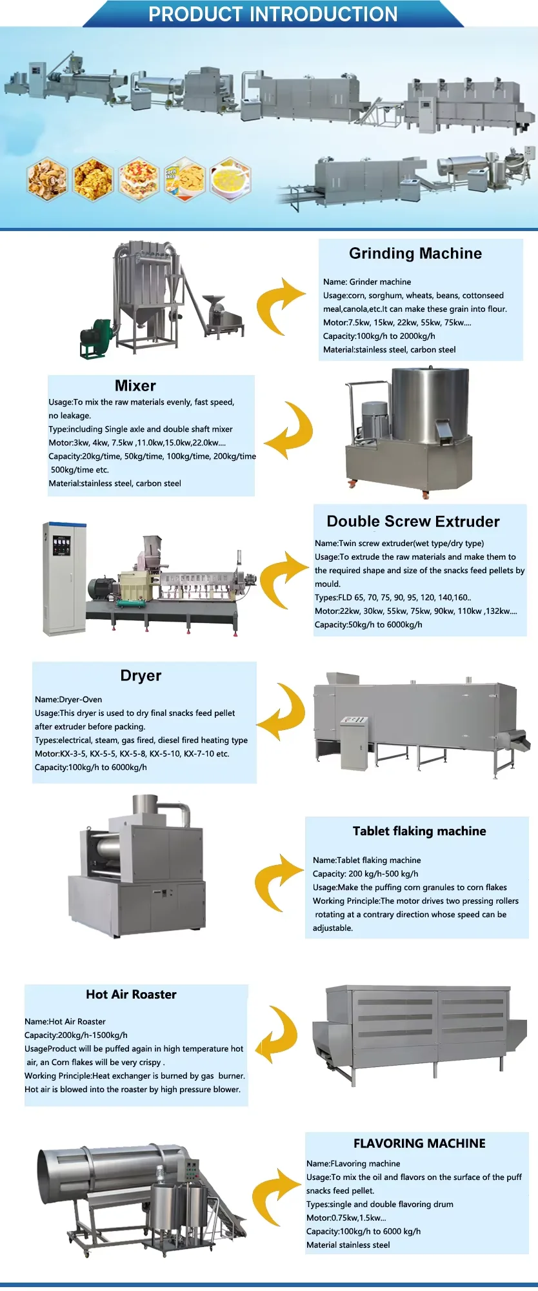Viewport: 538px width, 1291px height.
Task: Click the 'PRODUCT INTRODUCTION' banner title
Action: pyautogui.click(x=273, y=14)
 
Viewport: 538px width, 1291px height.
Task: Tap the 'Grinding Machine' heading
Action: pyautogui.click(x=415, y=254)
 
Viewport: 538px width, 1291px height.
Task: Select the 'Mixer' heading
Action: pyautogui.click(x=135, y=386)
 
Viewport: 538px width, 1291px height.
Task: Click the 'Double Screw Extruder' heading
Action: pyautogui.click(x=413, y=522)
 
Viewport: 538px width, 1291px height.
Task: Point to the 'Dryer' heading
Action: pyautogui.click(x=141, y=676)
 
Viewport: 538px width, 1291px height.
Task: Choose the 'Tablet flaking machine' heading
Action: pyautogui.click(x=419, y=831)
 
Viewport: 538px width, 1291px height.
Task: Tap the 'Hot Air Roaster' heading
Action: pyautogui.click(x=131, y=995)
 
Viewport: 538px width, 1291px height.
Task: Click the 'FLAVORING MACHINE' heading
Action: pyautogui.click(x=419, y=1144)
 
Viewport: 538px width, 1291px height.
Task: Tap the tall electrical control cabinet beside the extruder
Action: pyautogui.click(x=64, y=578)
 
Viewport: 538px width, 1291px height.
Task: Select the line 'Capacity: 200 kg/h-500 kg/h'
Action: pyautogui.click(x=366, y=874)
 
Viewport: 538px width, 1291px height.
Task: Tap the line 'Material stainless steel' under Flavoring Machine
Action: pyautogui.click(x=348, y=1245)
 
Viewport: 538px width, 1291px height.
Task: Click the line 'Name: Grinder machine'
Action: pyautogui.click(x=367, y=282)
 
